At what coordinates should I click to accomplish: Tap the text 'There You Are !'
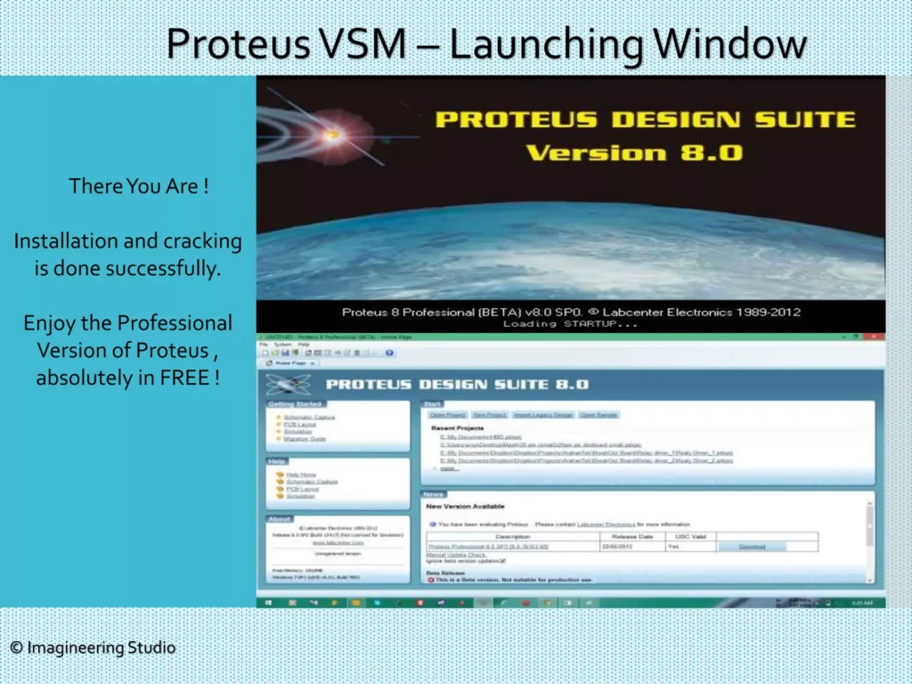[139, 186]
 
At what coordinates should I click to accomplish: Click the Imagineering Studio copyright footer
[93, 647]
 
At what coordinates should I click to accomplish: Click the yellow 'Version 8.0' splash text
[633, 152]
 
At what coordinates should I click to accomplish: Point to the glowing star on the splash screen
[332, 135]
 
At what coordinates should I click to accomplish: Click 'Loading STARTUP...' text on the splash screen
[571, 323]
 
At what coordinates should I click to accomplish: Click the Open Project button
[447, 415]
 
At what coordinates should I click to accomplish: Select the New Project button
[490, 415]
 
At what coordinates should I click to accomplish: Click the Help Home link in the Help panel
[301, 474]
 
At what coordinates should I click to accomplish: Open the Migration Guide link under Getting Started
[305, 438]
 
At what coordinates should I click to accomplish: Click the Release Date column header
[632, 536]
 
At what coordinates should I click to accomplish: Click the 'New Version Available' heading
[465, 506]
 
